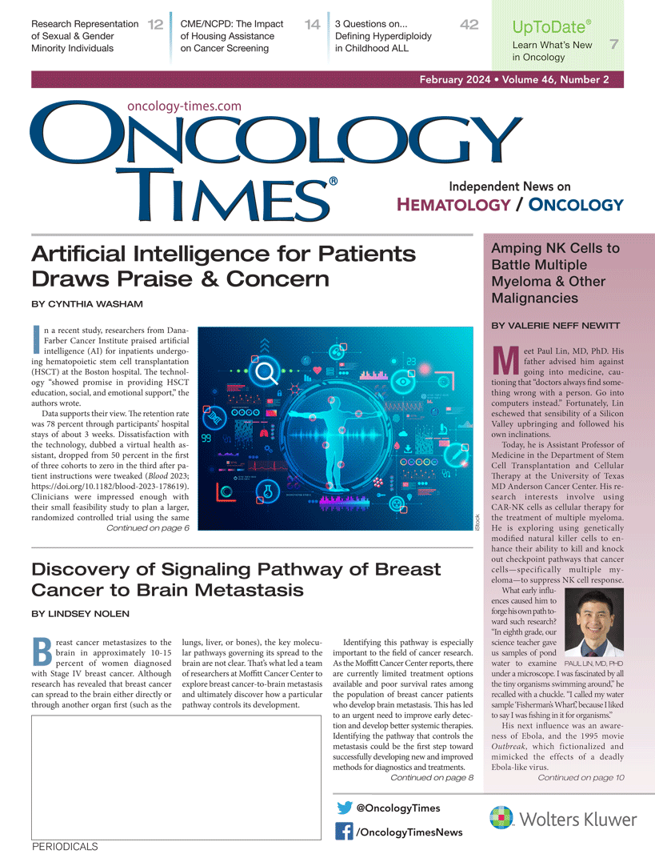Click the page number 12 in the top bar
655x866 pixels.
click(155, 25)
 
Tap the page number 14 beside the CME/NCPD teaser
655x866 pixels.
click(313, 25)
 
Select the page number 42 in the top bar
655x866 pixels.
click(469, 25)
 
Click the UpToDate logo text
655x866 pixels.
click(550, 26)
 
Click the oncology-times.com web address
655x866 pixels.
click(184, 106)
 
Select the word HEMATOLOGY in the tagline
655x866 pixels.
click(453, 205)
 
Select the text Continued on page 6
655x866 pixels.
click(148, 527)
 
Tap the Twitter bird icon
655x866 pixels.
click(345, 808)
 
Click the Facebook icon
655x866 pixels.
click(345, 832)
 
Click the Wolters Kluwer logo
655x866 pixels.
click(563, 819)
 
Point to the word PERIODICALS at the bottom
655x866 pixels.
click(65, 847)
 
